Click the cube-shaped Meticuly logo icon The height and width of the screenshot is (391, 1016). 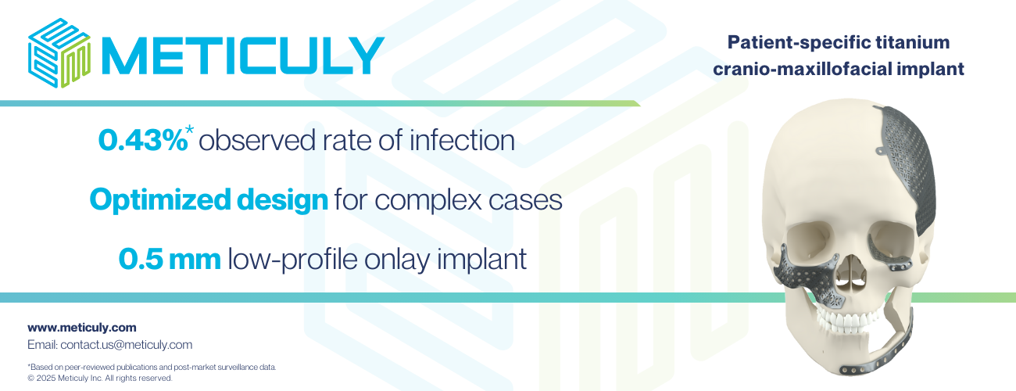click(59, 53)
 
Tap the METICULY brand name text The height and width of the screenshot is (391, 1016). click(243, 56)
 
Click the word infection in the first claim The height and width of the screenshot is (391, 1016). click(462, 140)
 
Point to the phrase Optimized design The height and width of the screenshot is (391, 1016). click(209, 199)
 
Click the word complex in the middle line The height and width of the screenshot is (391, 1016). click(428, 200)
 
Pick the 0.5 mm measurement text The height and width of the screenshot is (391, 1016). click(170, 259)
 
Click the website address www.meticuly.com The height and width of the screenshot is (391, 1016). click(81, 328)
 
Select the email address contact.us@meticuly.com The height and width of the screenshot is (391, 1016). click(126, 345)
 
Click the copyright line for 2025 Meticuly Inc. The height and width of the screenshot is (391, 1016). click(100, 378)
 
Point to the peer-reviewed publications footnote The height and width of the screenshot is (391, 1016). click(152, 367)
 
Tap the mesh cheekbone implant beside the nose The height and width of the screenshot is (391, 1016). click(810, 278)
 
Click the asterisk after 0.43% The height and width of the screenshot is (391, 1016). click(190, 130)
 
